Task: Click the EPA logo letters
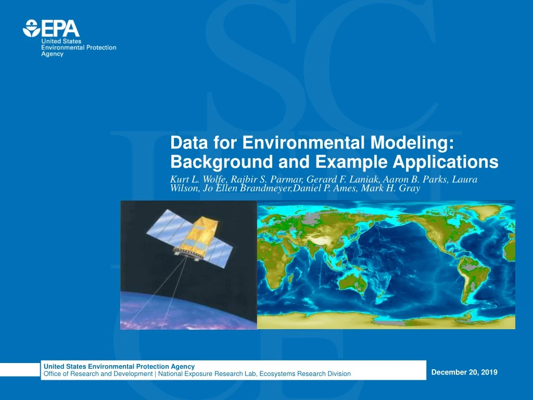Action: tap(60, 28)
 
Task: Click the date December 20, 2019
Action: tap(464, 372)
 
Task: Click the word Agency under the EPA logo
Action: tap(53, 54)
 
